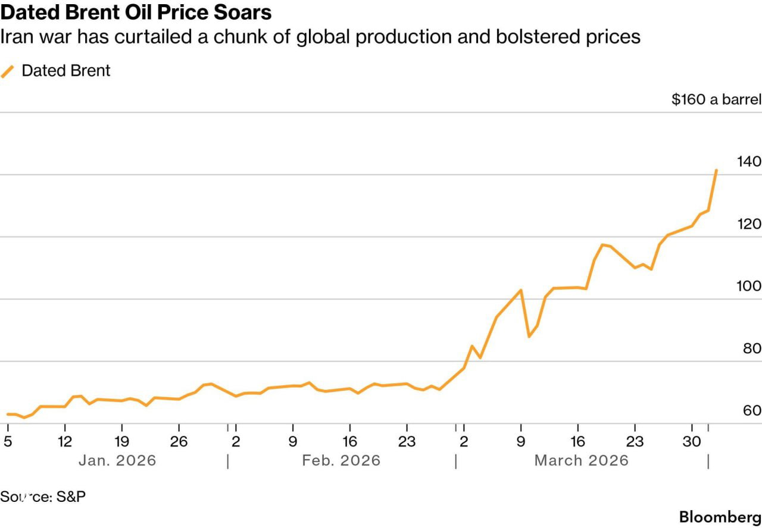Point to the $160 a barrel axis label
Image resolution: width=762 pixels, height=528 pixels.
(716, 99)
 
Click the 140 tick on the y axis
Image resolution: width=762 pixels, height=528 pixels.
(748, 161)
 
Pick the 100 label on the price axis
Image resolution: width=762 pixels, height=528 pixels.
(748, 286)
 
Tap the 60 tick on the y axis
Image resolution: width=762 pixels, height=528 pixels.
(752, 410)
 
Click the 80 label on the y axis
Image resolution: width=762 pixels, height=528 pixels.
(752, 348)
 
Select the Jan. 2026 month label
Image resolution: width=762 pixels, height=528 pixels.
(117, 460)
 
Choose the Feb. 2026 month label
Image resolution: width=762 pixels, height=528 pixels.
(341, 460)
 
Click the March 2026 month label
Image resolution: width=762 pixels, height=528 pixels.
(581, 460)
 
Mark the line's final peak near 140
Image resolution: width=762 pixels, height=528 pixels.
(716, 170)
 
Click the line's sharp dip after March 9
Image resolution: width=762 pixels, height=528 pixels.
(529, 337)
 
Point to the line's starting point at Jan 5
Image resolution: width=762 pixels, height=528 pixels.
(7, 414)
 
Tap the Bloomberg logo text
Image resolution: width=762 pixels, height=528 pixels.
(720, 516)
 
